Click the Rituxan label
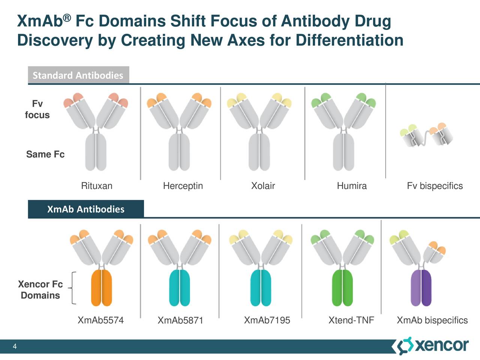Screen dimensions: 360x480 point(96,186)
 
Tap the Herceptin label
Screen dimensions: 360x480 point(183,186)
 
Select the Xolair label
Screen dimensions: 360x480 point(263,186)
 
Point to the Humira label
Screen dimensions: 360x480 point(351,186)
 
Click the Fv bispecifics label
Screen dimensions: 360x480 point(435,186)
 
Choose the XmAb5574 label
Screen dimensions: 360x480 point(100,320)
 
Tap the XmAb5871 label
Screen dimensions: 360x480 point(180,321)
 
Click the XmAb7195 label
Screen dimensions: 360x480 point(267,320)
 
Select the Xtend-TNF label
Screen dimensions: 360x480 point(351,320)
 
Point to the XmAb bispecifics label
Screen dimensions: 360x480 point(432,321)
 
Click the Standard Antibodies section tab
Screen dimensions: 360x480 point(78,75)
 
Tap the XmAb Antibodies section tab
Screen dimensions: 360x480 point(85,209)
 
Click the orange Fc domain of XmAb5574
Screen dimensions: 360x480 point(102,288)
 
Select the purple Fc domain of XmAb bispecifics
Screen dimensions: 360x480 point(421,288)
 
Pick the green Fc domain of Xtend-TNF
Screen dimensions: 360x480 point(342,288)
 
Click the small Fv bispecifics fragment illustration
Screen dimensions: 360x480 point(427,136)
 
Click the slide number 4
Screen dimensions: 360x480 point(15,346)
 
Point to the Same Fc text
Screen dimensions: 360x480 point(45,154)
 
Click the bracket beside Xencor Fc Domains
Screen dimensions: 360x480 point(73,288)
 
